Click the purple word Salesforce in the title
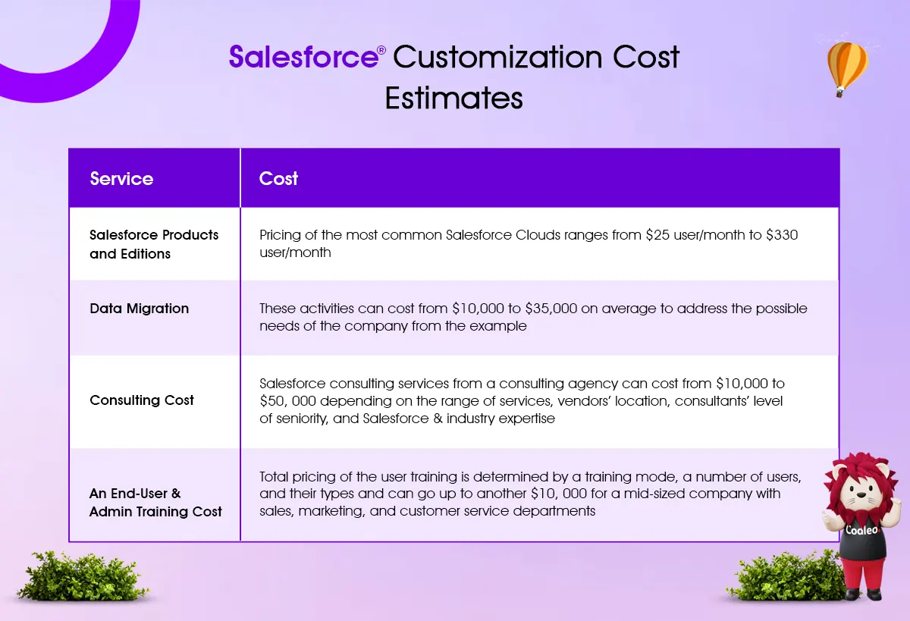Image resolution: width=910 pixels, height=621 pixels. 303,56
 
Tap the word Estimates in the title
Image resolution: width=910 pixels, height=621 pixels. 453,99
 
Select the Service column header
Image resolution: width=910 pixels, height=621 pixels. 121,179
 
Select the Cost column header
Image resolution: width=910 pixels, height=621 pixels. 278,179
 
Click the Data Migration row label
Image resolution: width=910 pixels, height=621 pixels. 140,309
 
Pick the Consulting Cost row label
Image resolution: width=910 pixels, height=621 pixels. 142,400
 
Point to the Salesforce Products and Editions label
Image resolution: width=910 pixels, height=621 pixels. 154,244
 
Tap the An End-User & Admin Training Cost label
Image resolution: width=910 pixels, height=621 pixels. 155,503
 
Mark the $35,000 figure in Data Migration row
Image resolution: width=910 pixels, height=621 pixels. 551,309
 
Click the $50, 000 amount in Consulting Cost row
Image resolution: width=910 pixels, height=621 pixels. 288,401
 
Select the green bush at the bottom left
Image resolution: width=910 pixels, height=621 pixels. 81,576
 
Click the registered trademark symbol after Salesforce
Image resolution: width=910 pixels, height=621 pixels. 381,50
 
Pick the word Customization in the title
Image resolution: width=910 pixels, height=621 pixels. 497,56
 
